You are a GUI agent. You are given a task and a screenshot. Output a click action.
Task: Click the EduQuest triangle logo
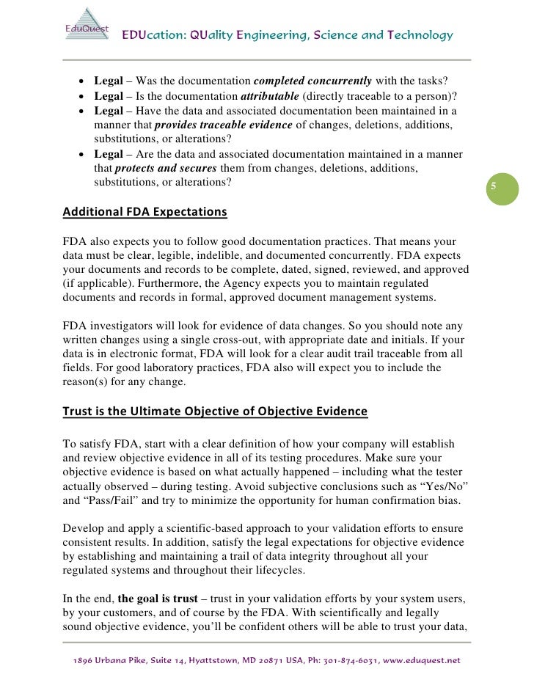point(84,27)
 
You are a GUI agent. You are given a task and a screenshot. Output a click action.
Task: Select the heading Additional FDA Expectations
point(145,213)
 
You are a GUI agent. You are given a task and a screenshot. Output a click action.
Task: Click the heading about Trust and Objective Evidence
point(215,412)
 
